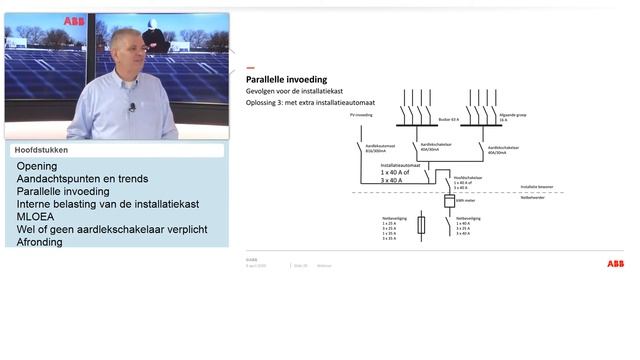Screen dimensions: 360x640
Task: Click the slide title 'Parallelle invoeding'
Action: click(x=286, y=79)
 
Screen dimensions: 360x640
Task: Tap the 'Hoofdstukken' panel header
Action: click(x=41, y=150)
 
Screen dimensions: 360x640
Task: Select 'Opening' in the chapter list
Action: click(x=37, y=166)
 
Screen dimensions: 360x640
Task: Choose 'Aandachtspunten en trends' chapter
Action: click(x=82, y=179)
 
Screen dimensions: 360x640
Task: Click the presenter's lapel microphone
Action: click(x=131, y=106)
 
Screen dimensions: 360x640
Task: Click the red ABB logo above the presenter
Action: click(x=74, y=20)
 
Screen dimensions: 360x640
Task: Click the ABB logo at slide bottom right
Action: click(x=614, y=264)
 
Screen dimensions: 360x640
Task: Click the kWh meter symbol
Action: click(x=449, y=201)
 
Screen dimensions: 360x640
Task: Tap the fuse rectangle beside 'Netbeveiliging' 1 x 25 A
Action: click(x=421, y=224)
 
